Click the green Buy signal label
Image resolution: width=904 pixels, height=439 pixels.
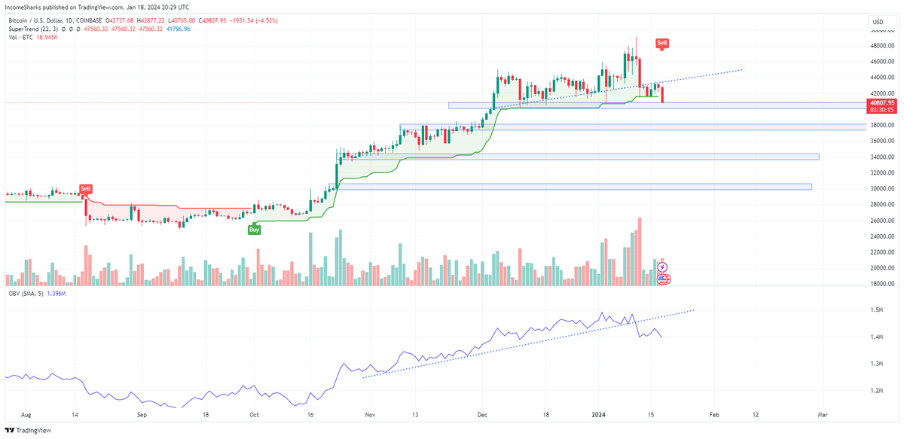pyautogui.click(x=255, y=229)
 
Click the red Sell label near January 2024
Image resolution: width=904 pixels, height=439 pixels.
pyautogui.click(x=661, y=44)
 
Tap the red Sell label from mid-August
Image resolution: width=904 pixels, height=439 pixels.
pyautogui.click(x=86, y=189)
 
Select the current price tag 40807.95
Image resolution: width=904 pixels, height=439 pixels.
pyautogui.click(x=881, y=102)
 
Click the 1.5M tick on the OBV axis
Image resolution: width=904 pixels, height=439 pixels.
pyautogui.click(x=875, y=310)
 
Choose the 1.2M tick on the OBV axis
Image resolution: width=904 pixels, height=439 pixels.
pyautogui.click(x=875, y=391)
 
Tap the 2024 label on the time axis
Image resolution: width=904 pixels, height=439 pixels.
pyautogui.click(x=599, y=414)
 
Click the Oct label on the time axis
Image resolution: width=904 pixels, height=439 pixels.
pyautogui.click(x=254, y=414)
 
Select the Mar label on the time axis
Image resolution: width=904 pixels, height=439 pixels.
pyautogui.click(x=823, y=414)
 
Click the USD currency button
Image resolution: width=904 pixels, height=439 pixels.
pyautogui.click(x=878, y=22)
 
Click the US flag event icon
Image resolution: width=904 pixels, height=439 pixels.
pyautogui.click(x=664, y=279)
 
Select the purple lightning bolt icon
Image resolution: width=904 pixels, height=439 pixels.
pyautogui.click(x=663, y=267)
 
